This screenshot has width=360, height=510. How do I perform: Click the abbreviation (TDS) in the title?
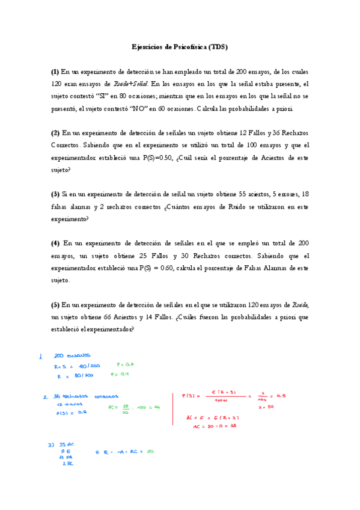coord(219,47)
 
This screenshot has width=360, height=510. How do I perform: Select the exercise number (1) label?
coord(55,72)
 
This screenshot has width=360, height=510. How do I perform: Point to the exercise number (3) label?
coord(55,194)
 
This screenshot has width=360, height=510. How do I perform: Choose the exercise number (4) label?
coord(55,243)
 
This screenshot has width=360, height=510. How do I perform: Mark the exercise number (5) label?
coord(55,304)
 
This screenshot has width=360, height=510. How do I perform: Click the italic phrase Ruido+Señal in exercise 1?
coord(130,84)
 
